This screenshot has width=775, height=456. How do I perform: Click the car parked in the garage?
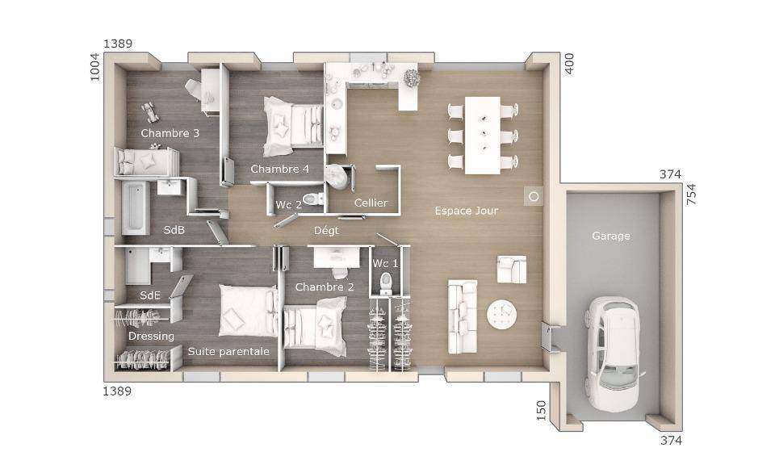[x=613, y=354]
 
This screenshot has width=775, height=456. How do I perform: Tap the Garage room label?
[x=611, y=236]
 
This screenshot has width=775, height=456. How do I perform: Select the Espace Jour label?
[x=466, y=211]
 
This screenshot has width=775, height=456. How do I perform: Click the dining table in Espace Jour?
[x=483, y=135]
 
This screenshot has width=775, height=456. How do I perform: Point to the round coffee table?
[x=501, y=314]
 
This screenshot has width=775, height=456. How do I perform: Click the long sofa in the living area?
[x=463, y=316]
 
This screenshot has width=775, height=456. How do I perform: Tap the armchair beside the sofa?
[x=512, y=270]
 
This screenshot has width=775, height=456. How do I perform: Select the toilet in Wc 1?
[x=385, y=283]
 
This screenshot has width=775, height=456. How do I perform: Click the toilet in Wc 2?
[x=313, y=199]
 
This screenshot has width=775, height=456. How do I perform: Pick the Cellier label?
[x=371, y=203]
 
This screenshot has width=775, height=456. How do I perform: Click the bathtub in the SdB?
[x=135, y=207]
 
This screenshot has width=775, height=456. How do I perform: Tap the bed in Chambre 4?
[x=293, y=127]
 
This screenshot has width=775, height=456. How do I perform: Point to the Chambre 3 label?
[x=170, y=133]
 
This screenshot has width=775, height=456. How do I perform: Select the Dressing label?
[x=151, y=337]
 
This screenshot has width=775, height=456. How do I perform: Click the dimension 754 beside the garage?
[x=691, y=194]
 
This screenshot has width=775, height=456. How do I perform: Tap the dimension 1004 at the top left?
[x=94, y=67]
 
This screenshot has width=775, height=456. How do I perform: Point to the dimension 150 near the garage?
[x=541, y=411]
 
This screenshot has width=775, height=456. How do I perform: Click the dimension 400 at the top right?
[x=569, y=64]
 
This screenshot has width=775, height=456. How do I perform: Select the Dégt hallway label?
[x=327, y=231]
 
